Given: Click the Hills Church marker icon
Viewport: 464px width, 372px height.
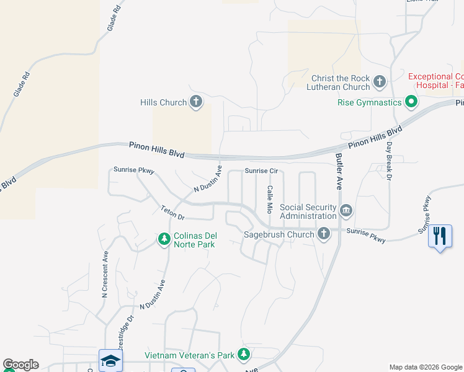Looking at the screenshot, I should click(x=196, y=102).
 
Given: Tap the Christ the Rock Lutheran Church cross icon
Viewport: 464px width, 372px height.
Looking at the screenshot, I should click(x=380, y=82).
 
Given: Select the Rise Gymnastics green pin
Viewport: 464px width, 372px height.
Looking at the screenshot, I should click(x=411, y=102).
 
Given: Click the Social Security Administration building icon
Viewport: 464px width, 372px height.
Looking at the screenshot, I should click(x=346, y=211).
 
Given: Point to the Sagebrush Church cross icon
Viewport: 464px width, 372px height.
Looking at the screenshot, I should click(x=323, y=234).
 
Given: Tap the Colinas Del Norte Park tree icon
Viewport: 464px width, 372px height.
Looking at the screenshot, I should click(x=164, y=239).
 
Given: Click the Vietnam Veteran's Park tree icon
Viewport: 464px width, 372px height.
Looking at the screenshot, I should click(x=244, y=355).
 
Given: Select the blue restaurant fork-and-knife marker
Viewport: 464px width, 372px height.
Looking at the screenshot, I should click(x=440, y=236).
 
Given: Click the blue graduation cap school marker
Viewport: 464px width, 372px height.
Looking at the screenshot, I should click(x=110, y=360).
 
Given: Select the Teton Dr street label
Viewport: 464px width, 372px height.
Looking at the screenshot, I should click(x=172, y=213).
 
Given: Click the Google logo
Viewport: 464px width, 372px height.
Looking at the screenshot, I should click(x=20, y=365).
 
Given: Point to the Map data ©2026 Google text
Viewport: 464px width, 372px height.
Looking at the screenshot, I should click(x=425, y=367).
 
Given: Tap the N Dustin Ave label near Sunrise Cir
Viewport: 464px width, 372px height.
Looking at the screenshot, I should click(x=207, y=179).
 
